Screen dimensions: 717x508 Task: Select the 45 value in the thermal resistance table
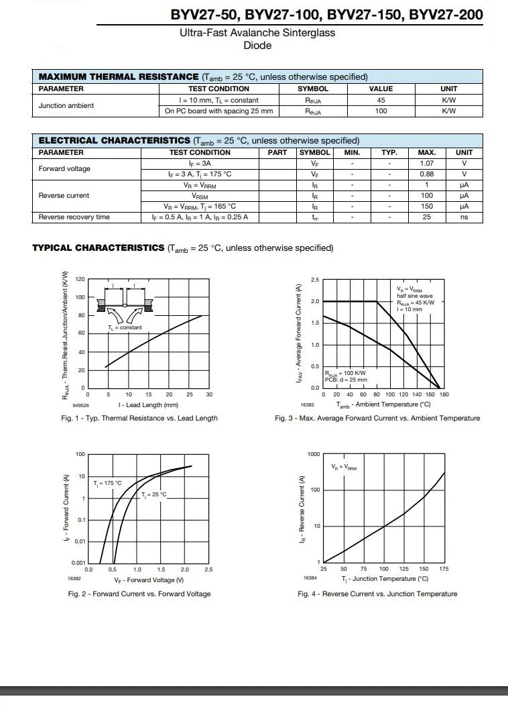[381, 101]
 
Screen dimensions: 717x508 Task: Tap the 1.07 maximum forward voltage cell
[426, 163]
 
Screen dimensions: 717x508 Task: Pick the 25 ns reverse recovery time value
[426, 217]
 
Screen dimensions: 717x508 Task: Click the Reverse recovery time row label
[74, 217]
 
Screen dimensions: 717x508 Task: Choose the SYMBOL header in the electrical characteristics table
[314, 152]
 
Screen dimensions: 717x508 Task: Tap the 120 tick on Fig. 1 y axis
[80, 279]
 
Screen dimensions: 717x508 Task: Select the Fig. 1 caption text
[139, 419]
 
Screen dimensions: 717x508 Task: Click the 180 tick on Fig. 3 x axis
[444, 395]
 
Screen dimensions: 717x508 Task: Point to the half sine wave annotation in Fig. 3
[415, 296]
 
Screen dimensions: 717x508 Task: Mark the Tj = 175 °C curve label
[108, 483]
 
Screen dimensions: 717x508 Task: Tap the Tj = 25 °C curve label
[153, 494]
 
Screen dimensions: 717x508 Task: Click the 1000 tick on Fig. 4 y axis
[314, 455]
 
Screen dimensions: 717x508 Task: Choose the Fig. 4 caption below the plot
[377, 594]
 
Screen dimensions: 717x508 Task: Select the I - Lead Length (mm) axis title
[148, 405]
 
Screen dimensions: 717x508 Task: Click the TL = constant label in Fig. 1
[125, 327]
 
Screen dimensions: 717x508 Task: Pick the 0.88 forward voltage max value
[426, 174]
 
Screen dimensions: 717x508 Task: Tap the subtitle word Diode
[257, 46]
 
